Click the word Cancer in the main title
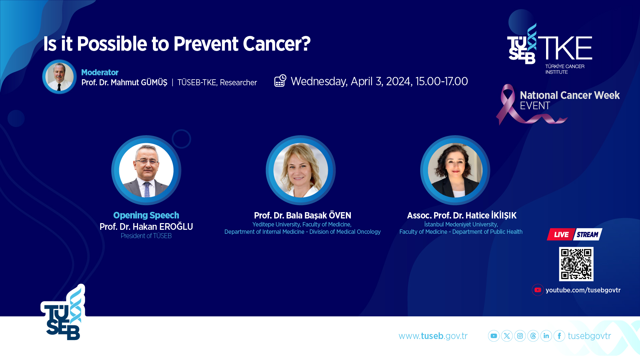277,44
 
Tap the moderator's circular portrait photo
59,77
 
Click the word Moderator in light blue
100,72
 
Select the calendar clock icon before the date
280,81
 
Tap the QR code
576,264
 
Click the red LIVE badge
561,234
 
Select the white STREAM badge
587,234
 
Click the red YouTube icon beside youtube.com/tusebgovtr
538,290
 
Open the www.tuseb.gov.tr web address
433,336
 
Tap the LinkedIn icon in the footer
546,336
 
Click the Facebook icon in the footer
559,336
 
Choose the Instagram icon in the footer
520,336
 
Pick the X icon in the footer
507,336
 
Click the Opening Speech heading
146,215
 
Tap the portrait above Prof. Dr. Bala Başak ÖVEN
301,170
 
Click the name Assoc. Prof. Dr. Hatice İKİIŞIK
462,215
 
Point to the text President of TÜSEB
146,236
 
